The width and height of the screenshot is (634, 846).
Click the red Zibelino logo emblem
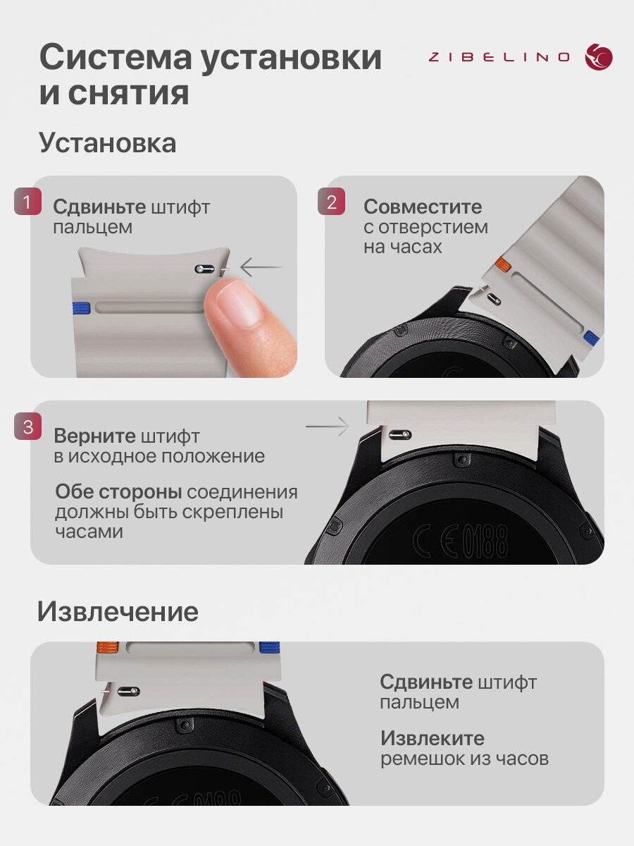point(599,56)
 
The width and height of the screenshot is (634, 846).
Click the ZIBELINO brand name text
point(499,57)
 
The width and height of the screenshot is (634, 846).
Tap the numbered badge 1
point(27,201)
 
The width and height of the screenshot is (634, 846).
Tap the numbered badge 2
point(331,201)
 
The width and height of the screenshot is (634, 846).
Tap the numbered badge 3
point(27,427)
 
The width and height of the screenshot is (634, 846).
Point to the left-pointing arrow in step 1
point(262,266)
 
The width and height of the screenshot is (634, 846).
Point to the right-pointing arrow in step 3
point(328,427)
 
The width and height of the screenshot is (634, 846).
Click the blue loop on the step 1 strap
point(82,308)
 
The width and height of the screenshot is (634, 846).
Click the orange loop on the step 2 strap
point(503,264)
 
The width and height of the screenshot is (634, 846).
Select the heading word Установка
point(108,143)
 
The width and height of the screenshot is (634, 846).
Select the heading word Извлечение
point(118,612)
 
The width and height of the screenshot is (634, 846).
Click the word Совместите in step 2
point(423,207)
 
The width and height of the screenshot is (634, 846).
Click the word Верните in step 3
point(94,436)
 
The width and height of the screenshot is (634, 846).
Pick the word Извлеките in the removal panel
point(433,738)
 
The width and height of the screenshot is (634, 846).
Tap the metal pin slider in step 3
point(400,435)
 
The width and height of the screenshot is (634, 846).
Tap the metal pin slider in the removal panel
point(129,691)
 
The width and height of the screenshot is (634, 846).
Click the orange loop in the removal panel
point(108,648)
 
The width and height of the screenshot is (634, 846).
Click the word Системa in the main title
point(116,58)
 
